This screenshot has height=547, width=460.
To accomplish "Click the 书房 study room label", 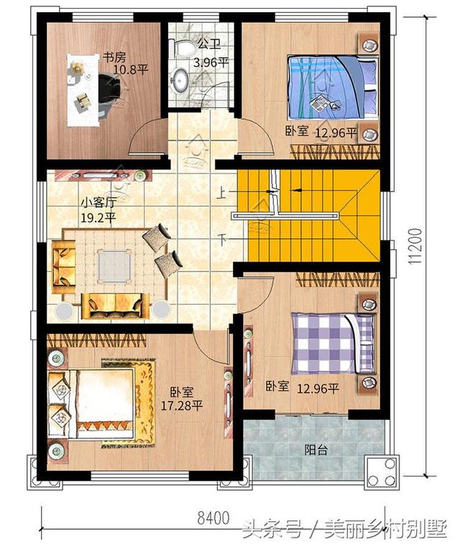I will click(x=111, y=57).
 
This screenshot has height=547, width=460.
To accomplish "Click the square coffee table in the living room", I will click(x=115, y=265).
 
